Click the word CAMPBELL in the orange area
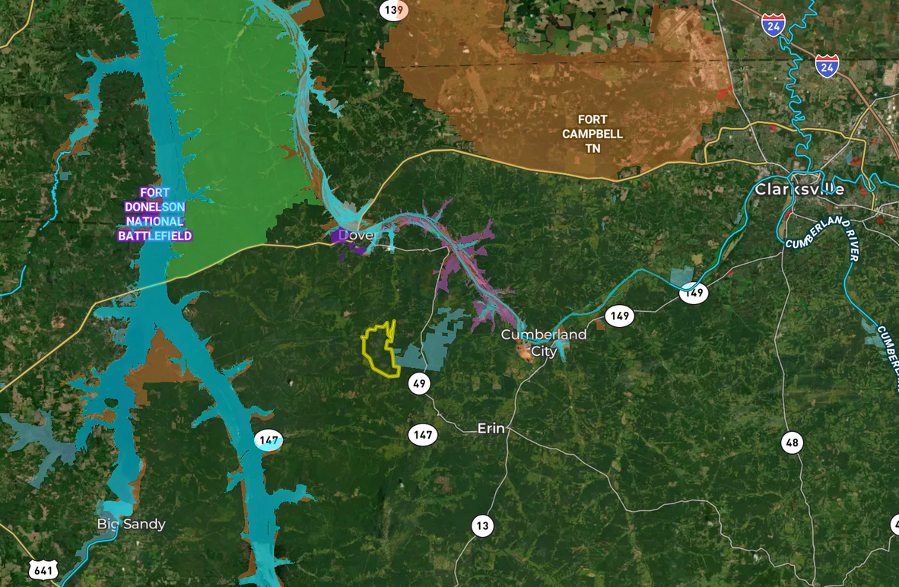(592, 134)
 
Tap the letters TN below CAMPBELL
(592, 148)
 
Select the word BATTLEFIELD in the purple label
(154, 236)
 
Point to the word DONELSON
(154, 207)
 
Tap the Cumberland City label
(544, 342)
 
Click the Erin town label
(491, 428)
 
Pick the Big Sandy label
(131, 524)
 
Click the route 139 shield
(393, 10)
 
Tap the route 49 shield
(419, 383)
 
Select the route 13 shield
(482, 525)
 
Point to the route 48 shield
(792, 443)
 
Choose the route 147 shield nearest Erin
(422, 435)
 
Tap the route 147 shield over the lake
(268, 439)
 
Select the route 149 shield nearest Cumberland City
(620, 315)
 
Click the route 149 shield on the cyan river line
(693, 292)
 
